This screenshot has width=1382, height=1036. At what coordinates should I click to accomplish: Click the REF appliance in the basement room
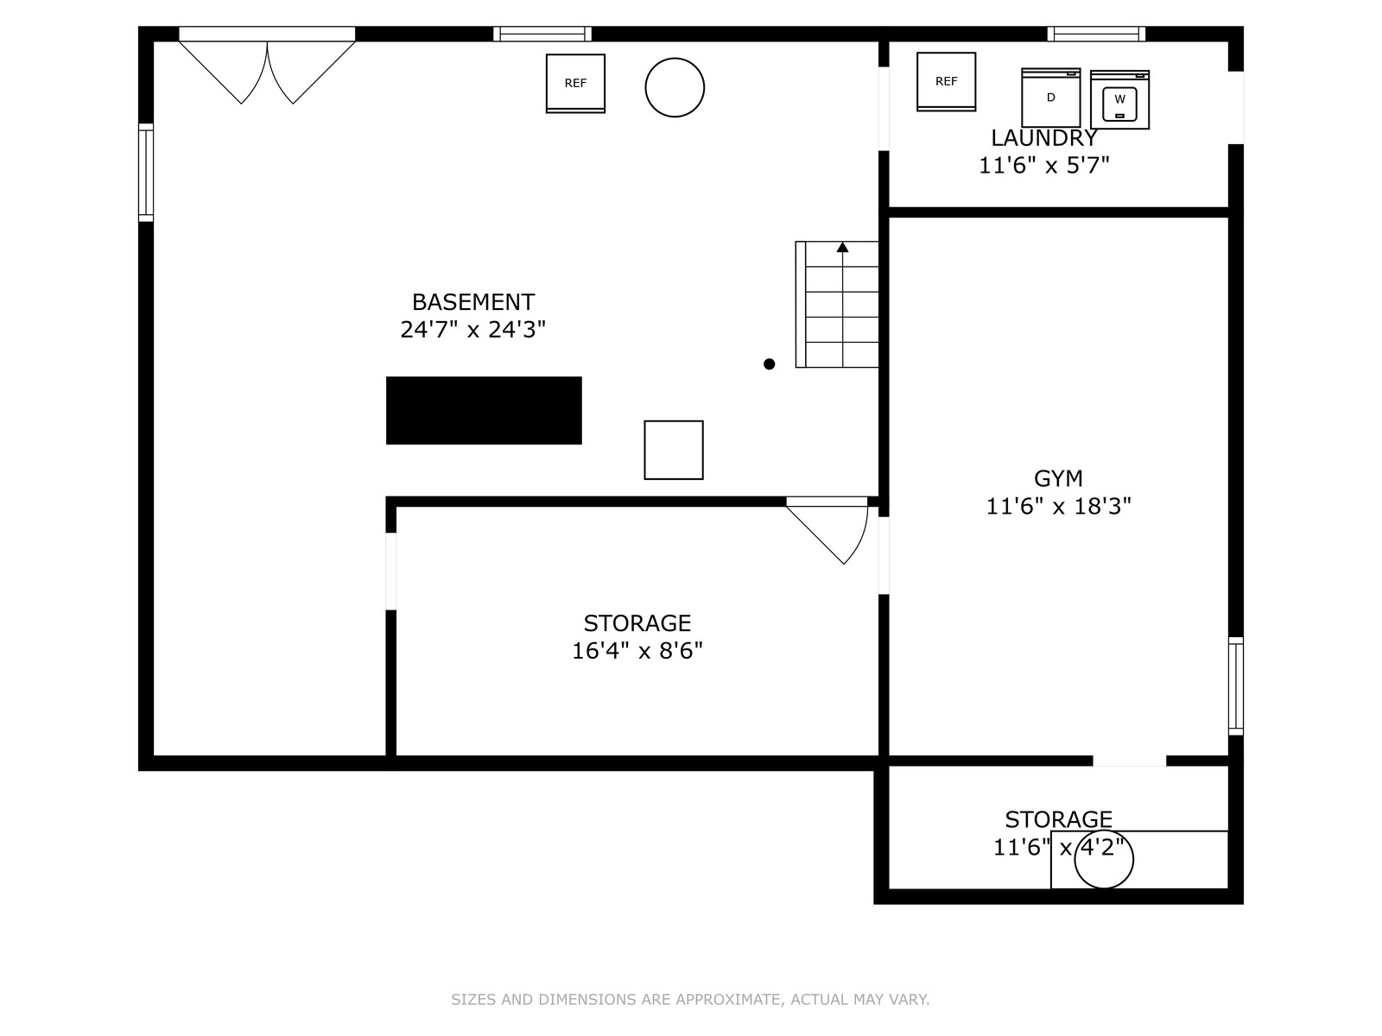pyautogui.click(x=575, y=83)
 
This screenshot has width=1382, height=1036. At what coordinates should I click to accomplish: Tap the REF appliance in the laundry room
pyautogui.click(x=946, y=81)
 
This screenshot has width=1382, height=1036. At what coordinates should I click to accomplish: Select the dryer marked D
pyautogui.click(x=1050, y=98)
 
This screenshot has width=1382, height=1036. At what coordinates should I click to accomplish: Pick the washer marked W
pyautogui.click(x=1119, y=99)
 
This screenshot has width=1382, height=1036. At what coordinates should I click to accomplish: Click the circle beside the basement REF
pyautogui.click(x=675, y=87)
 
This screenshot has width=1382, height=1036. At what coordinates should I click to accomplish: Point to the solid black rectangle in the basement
pyautogui.click(x=484, y=410)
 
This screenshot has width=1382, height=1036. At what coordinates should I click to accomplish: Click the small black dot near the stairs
pyautogui.click(x=769, y=363)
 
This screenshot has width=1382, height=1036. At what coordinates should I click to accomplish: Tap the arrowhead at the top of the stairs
pyautogui.click(x=842, y=247)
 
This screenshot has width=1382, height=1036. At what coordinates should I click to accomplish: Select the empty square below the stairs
pyautogui.click(x=673, y=450)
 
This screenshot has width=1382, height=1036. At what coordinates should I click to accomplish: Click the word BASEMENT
pyautogui.click(x=472, y=302)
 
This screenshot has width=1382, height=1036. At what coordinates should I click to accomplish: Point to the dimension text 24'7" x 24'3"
pyautogui.click(x=472, y=329)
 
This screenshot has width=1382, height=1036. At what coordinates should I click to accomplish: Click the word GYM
pyautogui.click(x=1058, y=478)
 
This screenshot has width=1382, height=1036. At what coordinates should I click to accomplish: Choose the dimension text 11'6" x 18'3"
pyautogui.click(x=1058, y=506)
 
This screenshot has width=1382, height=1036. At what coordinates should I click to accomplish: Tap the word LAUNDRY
pyautogui.click(x=1044, y=138)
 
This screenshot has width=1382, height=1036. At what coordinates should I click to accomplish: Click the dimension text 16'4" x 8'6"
pyautogui.click(x=637, y=650)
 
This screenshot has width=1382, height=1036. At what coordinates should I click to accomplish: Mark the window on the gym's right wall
pyautogui.click(x=1236, y=686)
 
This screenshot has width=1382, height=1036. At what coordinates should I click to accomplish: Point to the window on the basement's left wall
pyautogui.click(x=145, y=173)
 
